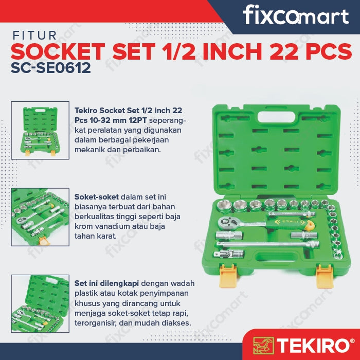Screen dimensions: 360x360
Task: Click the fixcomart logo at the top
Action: pos(296,15)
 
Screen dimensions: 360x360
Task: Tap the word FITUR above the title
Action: pos(34,35)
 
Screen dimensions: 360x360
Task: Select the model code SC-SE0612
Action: pos(51,68)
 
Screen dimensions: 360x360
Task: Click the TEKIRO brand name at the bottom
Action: pos(315,345)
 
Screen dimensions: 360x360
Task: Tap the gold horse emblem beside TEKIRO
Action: pos(263,346)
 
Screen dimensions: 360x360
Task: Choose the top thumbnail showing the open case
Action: pos(40,131)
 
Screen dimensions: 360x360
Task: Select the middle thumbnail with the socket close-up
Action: pos(40,217)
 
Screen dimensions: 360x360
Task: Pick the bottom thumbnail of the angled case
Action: pos(40,303)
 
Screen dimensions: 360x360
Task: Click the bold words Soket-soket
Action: pos(97,197)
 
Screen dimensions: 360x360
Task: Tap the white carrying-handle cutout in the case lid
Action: pos(276,117)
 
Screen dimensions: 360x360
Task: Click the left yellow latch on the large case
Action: pos(228,276)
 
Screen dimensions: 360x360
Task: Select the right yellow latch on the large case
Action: pos(325,276)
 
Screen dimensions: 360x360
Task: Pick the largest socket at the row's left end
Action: pos(225,206)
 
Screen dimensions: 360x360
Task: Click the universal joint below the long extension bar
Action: pos(229,254)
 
